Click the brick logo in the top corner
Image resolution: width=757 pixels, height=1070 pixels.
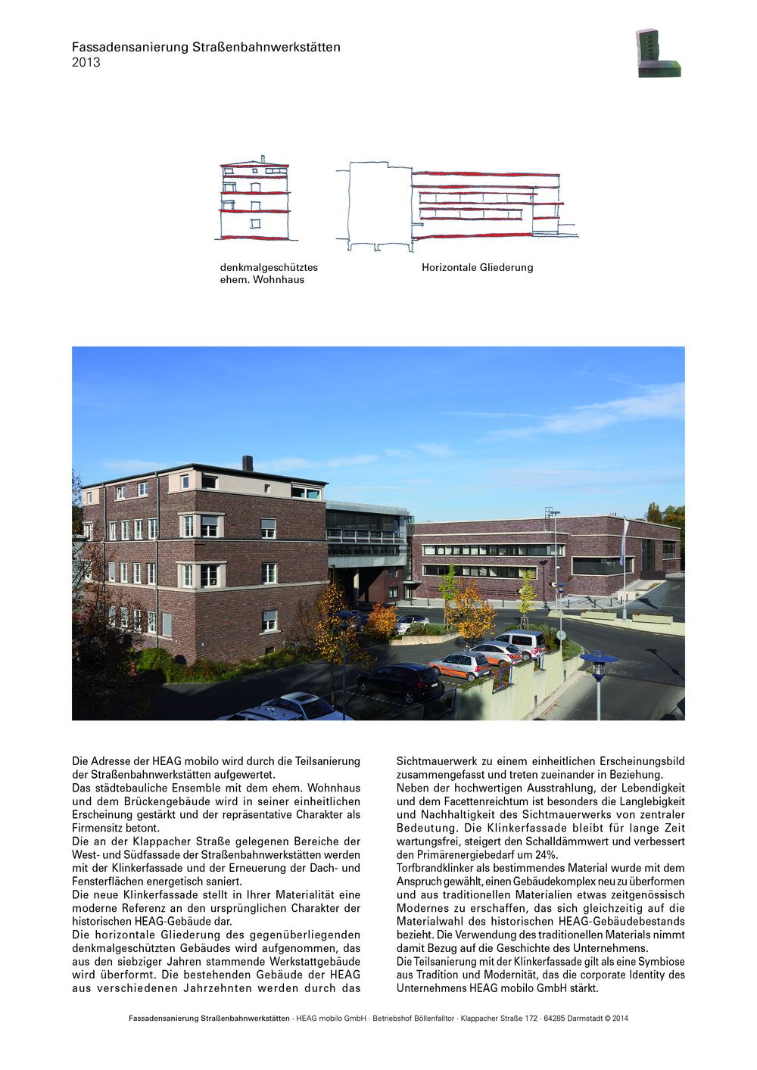657,54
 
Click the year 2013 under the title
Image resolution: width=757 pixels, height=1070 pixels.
86,63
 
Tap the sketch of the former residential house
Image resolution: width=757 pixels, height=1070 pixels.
255,200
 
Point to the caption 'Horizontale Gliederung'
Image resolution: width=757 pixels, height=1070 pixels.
477,267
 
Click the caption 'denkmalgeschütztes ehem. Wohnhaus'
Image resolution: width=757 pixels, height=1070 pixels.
269,273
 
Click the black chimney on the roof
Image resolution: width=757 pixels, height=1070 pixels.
248,463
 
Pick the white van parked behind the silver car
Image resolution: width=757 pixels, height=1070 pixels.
519,642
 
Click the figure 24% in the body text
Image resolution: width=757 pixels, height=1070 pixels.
547,855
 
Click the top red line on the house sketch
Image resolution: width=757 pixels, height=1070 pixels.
255,166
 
